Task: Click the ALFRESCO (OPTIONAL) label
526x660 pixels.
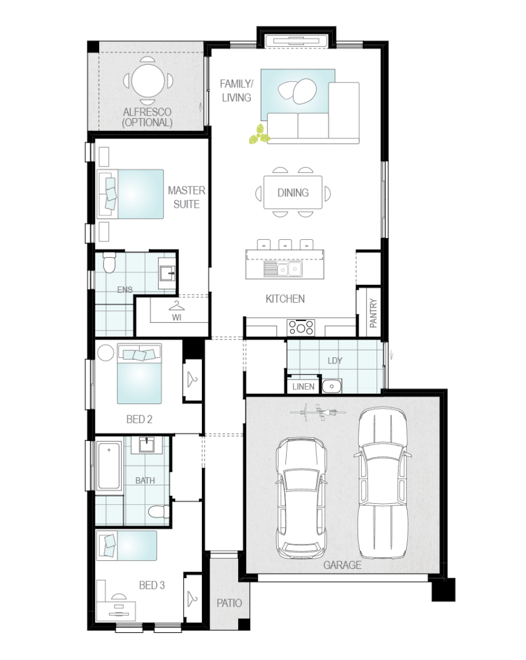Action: tap(148, 117)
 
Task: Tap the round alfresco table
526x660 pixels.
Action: tap(148, 80)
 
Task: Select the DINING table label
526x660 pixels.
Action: tap(293, 193)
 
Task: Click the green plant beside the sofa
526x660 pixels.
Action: tap(258, 134)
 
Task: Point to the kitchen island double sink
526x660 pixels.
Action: tap(283, 269)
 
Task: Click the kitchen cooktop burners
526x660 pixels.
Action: tap(301, 327)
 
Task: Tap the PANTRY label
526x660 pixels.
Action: tap(373, 312)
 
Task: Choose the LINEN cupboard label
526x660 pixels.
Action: tap(303, 386)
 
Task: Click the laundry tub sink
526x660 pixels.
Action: tap(332, 386)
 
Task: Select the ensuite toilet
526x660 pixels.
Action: tap(110, 262)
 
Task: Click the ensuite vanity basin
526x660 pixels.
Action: tap(167, 273)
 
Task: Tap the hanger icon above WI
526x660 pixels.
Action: tap(177, 306)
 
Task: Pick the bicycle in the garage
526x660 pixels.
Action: tap(319, 412)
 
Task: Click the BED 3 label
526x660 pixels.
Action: tap(151, 585)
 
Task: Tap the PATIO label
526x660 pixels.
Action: tap(229, 603)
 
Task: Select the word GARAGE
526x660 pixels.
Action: tap(343, 565)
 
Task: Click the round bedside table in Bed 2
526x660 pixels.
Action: tap(106, 352)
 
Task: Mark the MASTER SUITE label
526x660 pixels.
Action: tap(186, 197)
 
